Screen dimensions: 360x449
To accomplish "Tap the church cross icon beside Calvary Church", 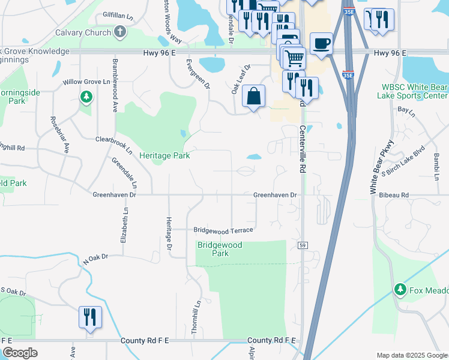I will click(119, 32).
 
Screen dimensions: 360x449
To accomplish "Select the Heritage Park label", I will click(164, 155).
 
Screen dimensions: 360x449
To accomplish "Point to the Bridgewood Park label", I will click(220, 249).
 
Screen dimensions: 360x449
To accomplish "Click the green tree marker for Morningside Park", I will click(86, 96).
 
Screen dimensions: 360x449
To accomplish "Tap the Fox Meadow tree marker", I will click(400, 290).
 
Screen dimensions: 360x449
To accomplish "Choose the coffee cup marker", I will click(321, 44).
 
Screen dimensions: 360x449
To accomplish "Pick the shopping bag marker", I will click(254, 96).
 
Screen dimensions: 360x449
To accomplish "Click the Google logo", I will click(20, 353).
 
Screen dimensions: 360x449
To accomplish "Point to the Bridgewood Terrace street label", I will click(223, 230).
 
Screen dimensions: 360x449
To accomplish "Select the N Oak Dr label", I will click(95, 259).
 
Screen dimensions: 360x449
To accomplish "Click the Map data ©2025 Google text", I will click(412, 355).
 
